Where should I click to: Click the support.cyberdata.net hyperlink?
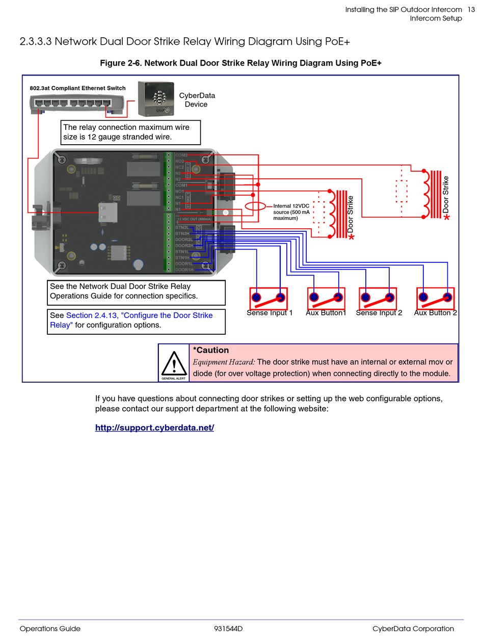tap(154, 427)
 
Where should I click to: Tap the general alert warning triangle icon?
tap(174, 363)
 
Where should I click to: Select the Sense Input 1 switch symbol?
tap(268, 298)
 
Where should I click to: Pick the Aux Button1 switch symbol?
tap(326, 298)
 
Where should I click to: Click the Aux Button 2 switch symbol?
tap(435, 298)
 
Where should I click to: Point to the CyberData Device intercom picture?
tap(156, 98)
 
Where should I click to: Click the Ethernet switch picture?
tap(77, 104)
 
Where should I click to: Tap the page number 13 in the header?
tap(471, 9)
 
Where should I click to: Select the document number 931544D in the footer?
tap(228, 629)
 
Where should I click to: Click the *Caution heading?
tap(211, 350)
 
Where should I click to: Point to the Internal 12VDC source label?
tap(291, 212)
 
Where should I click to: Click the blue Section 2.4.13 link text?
tap(139, 315)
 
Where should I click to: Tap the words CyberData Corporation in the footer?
tap(413, 629)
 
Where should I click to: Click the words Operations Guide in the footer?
tap(50, 629)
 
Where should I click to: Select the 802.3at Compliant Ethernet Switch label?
tap(77, 88)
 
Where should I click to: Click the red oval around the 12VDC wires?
tap(255, 206)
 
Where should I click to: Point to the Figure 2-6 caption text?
tap(240, 63)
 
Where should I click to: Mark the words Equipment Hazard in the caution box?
tap(224, 362)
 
